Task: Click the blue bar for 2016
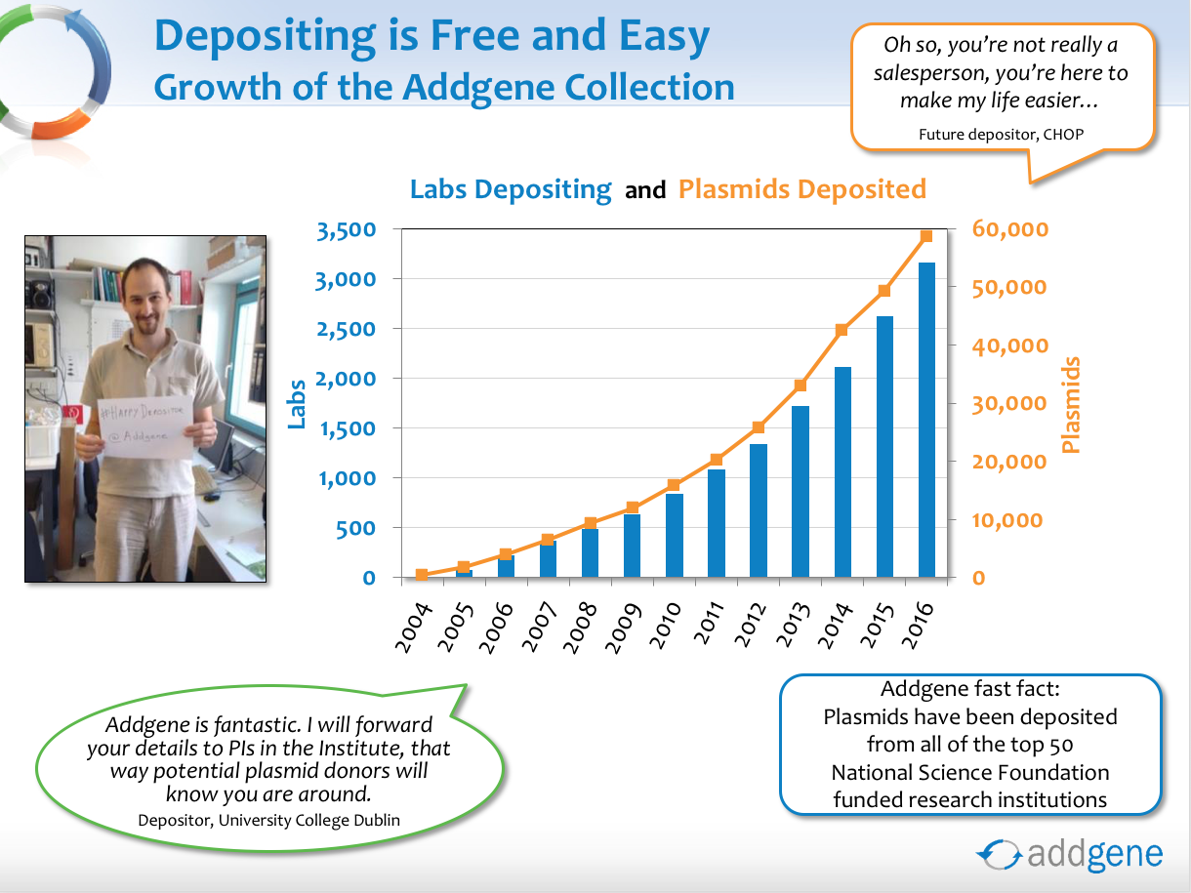pos(926,420)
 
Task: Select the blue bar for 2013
pos(801,491)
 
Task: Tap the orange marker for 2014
pos(842,330)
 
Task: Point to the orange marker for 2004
pos(422,575)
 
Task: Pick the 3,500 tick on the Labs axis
pos(347,230)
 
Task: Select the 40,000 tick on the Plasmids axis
pos(1009,345)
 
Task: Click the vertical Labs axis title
pos(296,404)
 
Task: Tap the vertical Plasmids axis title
pos(1070,404)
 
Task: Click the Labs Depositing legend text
pos(511,189)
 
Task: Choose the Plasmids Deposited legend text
pos(801,189)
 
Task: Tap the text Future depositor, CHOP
pos(1001,134)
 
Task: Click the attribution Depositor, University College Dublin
pos(269,820)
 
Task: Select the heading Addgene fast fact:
pos(970,689)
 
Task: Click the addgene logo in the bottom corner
pos(1070,854)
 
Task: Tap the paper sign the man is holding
pos(145,426)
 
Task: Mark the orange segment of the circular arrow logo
pos(61,124)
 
